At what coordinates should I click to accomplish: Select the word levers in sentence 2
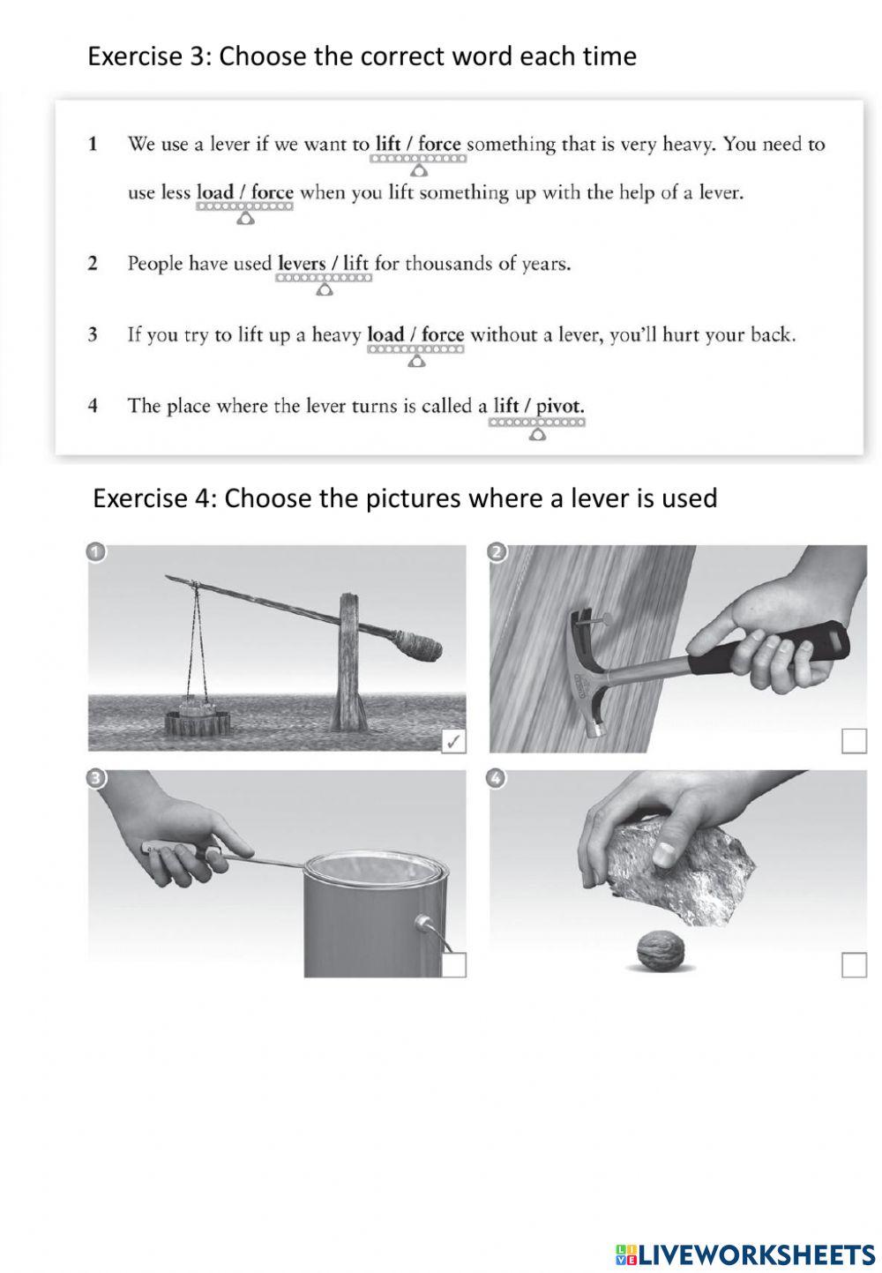pyautogui.click(x=301, y=263)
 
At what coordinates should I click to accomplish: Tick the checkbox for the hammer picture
pyautogui.click(x=854, y=741)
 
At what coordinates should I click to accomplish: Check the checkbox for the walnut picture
pyautogui.click(x=854, y=965)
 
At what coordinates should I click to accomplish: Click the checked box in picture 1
pyautogui.click(x=453, y=742)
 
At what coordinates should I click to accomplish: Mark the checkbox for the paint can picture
pyautogui.click(x=453, y=965)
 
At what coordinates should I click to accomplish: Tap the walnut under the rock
pyautogui.click(x=660, y=951)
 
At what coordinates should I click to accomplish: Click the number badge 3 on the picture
pyautogui.click(x=96, y=777)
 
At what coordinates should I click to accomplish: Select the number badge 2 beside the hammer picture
pyautogui.click(x=497, y=553)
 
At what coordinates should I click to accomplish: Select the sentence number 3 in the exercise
pyautogui.click(x=92, y=335)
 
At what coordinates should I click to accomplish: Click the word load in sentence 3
pyautogui.click(x=385, y=335)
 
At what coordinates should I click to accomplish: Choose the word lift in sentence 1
pyautogui.click(x=388, y=144)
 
